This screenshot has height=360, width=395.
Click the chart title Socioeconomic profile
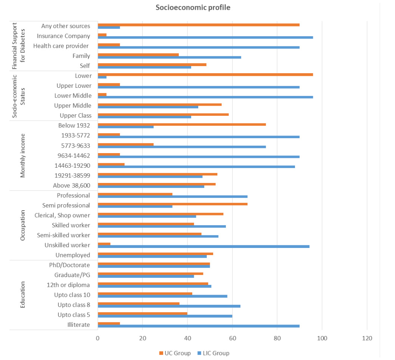[193, 7]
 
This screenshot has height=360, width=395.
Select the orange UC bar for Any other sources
[198, 25]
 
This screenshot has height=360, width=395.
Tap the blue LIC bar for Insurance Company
[205, 37]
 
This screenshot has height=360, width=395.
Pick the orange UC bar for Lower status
[205, 74]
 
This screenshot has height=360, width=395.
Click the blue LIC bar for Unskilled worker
[203, 246]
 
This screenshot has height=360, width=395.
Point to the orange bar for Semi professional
[172, 204]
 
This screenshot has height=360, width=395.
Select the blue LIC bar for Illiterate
[198, 326]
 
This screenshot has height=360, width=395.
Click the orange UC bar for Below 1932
[181, 124]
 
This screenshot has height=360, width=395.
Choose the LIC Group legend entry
[213, 353]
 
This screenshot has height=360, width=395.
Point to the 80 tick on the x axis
[277, 338]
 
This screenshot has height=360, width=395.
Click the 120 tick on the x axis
[367, 338]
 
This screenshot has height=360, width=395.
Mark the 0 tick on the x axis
[98, 338]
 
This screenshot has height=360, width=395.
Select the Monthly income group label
[23, 155]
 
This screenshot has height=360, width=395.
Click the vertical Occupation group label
[23, 225]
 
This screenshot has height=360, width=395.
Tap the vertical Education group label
[23, 295]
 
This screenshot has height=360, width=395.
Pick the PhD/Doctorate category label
[69, 265]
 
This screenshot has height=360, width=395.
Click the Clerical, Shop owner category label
[62, 215]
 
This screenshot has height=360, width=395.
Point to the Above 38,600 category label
[71, 185]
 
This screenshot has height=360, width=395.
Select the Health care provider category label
[61, 46]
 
